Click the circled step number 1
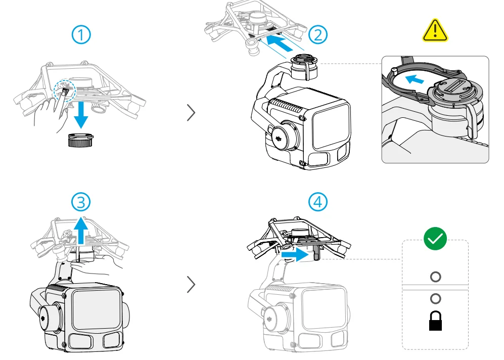tap(81, 35)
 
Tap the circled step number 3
tap(81, 202)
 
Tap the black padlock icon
tap(435, 321)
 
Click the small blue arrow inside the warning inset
tap(417, 79)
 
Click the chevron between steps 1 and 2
tap(191, 112)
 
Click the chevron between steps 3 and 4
tap(191, 285)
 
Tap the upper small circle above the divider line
tap(435, 277)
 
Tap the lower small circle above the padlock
tap(435, 298)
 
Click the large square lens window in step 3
tap(95, 310)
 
